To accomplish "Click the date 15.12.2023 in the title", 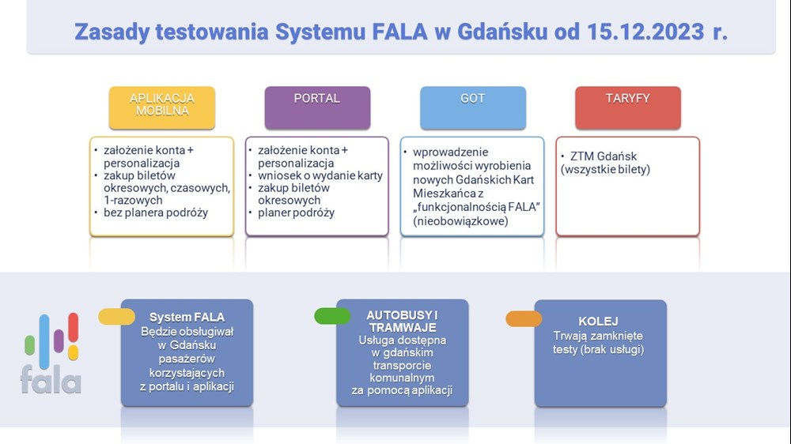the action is [645, 32].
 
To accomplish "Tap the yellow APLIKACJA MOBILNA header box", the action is [162, 107].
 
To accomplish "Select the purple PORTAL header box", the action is [317, 107].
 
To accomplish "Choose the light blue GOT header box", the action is [473, 107].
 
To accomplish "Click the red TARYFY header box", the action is [628, 107].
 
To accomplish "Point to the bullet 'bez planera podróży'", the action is [155, 213].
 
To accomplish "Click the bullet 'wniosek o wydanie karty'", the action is [320, 175].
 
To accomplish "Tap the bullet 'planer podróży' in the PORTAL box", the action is [296, 213].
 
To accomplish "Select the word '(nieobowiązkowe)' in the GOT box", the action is [460, 220].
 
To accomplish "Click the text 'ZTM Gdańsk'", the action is [604, 156].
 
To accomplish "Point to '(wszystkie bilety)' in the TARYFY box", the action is [605, 169].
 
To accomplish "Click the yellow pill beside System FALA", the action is [116, 317].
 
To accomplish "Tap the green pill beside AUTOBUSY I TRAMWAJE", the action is [332, 316].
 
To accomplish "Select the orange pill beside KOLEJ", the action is [524, 318].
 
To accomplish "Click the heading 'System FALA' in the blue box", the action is [187, 317].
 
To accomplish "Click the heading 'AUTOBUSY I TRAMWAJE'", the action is [402, 321].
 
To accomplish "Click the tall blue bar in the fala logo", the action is [44, 342].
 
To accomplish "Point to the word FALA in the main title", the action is [399, 32].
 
